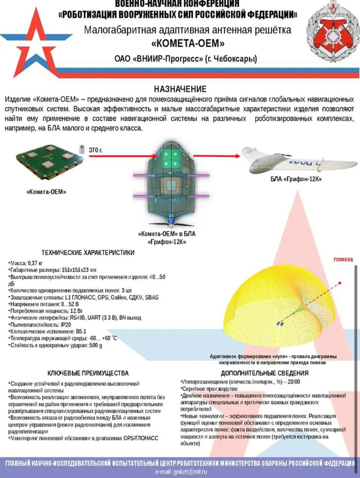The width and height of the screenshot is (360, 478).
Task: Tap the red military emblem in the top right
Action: coord(332,32)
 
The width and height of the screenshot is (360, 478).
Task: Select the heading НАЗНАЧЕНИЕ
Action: coord(180,89)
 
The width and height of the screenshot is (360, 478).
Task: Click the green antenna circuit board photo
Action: coord(50,162)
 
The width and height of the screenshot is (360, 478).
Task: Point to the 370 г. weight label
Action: coord(96,150)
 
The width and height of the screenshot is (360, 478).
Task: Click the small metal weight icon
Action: coord(82,149)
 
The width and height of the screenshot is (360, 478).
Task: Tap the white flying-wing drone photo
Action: coord(299,161)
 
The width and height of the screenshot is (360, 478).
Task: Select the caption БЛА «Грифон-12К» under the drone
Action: coord(296,179)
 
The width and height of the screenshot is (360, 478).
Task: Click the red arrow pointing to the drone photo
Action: coord(217,156)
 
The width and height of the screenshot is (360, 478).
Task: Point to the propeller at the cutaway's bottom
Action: coord(171,224)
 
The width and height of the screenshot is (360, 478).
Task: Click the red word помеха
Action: coord(343,259)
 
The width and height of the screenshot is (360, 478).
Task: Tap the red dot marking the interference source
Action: coord(340,283)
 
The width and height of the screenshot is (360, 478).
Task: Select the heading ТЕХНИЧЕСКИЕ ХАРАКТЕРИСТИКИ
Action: coord(88,252)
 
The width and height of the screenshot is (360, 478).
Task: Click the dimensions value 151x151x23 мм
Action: coord(79,270)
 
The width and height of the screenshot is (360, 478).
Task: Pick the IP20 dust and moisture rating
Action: coord(66,325)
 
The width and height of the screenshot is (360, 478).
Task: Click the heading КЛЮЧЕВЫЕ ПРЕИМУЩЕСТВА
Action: coord(88,373)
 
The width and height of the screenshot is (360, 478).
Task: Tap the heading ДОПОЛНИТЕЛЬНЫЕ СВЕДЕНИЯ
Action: coord(264,373)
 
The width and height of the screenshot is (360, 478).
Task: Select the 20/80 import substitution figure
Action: coord(294,382)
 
